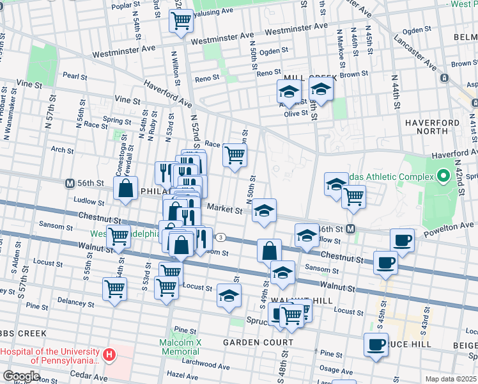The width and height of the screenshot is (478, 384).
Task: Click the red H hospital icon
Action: pyautogui.click(x=110, y=354)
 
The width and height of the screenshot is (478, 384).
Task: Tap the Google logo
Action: pyautogui.click(x=22, y=376)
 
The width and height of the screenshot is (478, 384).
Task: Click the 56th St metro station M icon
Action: pyautogui.click(x=70, y=183)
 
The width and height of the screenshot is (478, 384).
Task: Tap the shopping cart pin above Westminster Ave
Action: pyautogui.click(x=181, y=21)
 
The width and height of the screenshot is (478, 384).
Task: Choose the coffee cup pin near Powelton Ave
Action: pyautogui.click(x=402, y=240)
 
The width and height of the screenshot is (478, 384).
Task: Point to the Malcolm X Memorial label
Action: pyautogui.click(x=180, y=347)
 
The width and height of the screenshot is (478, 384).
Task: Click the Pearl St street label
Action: pyautogui.click(x=75, y=76)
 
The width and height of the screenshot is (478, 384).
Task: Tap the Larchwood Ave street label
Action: pyautogui.click(x=206, y=363)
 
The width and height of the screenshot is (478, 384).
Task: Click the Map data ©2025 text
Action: pyautogui.click(x=451, y=379)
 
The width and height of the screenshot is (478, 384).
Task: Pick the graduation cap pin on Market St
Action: pyautogui.click(x=263, y=211)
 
